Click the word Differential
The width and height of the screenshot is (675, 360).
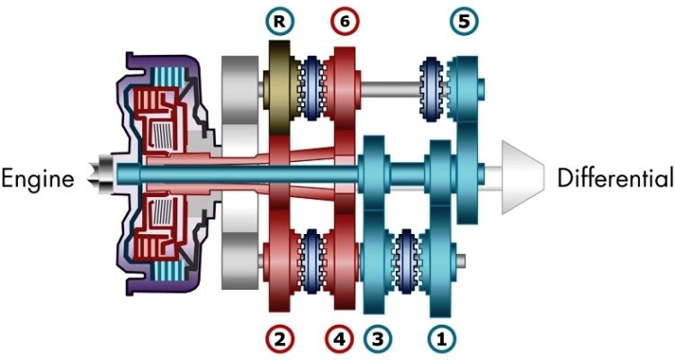[616, 177]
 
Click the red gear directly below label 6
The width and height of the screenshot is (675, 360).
[343, 85]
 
